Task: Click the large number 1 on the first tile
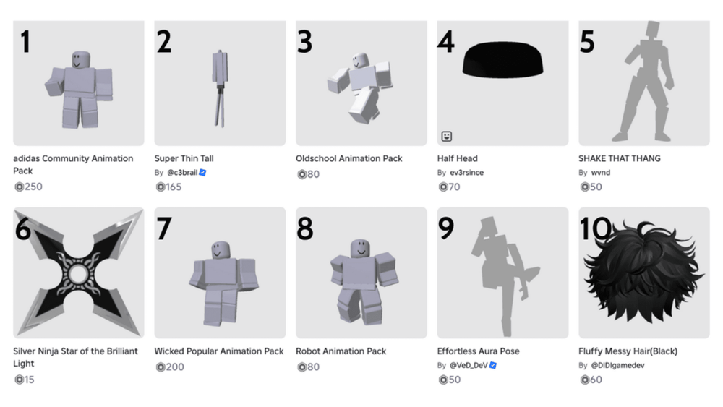25,42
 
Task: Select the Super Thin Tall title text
184,158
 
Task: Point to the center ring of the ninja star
77,273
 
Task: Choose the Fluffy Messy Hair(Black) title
628,351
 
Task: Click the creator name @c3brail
182,173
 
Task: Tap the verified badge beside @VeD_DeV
493,366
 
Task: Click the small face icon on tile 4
447,136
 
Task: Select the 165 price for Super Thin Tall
174,187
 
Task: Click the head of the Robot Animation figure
359,248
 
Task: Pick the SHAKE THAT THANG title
619,158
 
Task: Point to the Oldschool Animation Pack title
348,158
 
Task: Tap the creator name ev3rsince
467,173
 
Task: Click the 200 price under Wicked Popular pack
174,367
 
